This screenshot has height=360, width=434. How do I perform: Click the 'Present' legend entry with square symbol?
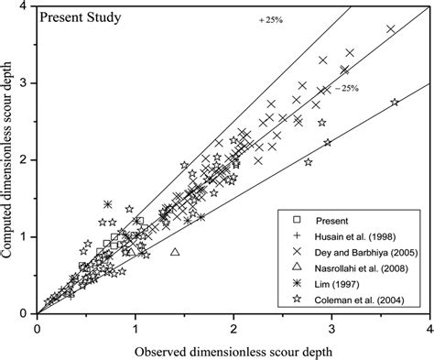(333, 221)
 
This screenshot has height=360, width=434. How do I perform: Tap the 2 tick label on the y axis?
(27, 159)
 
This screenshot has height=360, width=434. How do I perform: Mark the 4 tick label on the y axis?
(27, 6)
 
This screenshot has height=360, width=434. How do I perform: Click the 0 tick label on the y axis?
(27, 312)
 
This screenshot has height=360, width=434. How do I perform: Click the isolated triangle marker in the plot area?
(175, 251)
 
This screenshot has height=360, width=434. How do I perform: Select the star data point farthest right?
(395, 103)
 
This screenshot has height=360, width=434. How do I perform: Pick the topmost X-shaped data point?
(391, 29)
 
